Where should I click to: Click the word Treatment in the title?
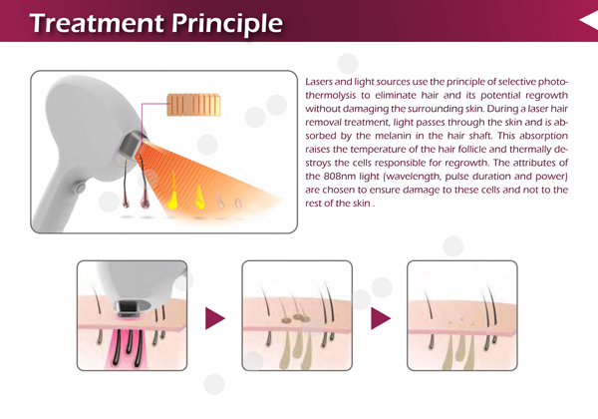click(x=98, y=23)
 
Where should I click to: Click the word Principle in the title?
click(x=227, y=24)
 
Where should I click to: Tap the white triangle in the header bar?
click(x=588, y=20)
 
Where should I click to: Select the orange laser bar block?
click(x=193, y=105)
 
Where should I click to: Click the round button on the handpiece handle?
click(x=80, y=188)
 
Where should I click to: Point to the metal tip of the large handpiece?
click(x=132, y=145)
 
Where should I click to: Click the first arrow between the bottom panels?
click(x=214, y=318)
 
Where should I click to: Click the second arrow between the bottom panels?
click(x=381, y=318)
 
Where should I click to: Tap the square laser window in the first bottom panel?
click(x=129, y=306)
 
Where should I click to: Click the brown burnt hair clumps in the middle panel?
click(x=296, y=317)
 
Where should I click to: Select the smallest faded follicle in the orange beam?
click(x=238, y=203)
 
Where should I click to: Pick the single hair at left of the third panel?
click(x=430, y=304)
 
